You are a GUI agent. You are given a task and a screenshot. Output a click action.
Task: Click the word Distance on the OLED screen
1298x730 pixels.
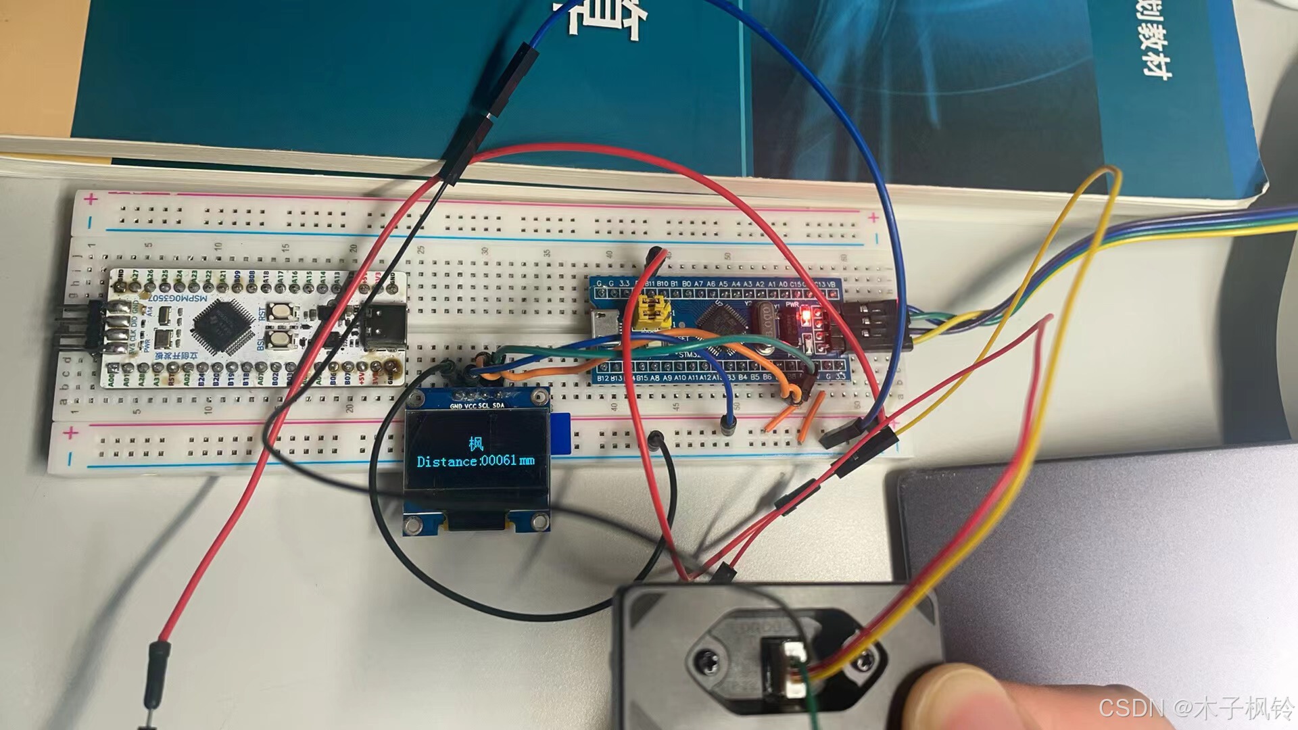tap(448, 462)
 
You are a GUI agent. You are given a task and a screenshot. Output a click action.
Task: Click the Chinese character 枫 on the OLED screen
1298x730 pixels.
tap(477, 444)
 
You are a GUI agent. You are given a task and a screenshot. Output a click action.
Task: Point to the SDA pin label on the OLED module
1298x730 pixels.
tap(498, 406)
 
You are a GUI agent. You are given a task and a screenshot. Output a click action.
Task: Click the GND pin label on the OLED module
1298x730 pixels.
tap(456, 406)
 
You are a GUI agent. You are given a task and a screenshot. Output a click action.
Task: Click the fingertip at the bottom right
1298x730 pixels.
tap(953, 696)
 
